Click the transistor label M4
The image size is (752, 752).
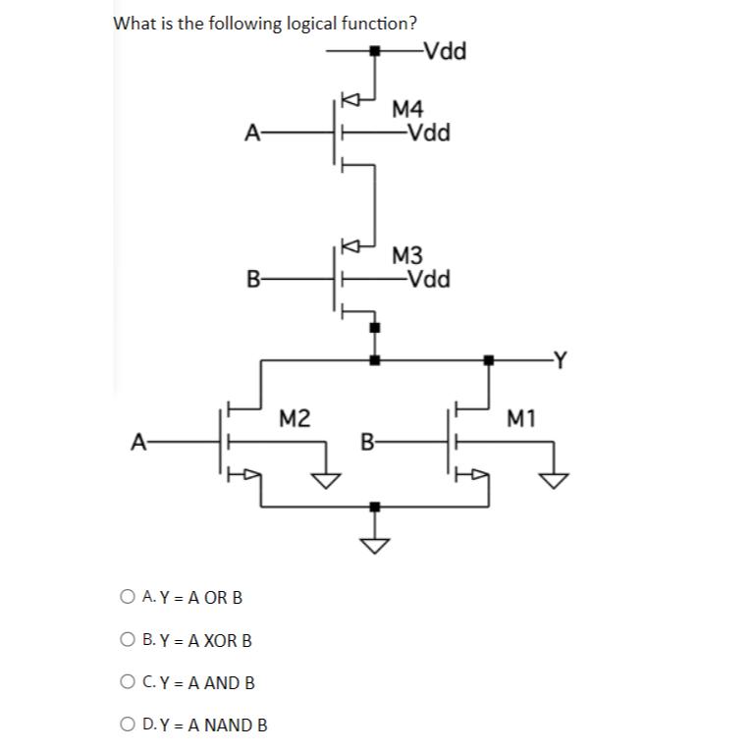pos(408,109)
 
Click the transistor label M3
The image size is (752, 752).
pos(408,256)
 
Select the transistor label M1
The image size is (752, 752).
pos(521,420)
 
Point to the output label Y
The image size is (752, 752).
pos(560,361)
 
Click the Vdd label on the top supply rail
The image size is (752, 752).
pos(441,50)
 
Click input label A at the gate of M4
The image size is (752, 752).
pos(252,132)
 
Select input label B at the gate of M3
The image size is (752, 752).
pos(252,279)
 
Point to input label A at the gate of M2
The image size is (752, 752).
pos(138,443)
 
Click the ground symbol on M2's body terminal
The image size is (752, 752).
pos(325,477)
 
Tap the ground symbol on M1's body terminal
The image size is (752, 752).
pos(553,477)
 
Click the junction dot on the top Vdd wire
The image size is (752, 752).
pos(373,50)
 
